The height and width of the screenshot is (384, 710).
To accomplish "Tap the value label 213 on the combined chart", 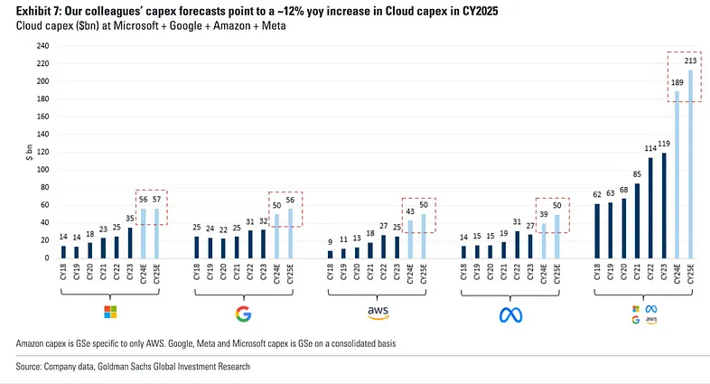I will [690, 61].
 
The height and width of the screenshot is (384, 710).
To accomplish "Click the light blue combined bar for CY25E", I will [691, 164].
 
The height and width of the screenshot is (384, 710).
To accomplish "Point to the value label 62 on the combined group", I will [596, 193].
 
